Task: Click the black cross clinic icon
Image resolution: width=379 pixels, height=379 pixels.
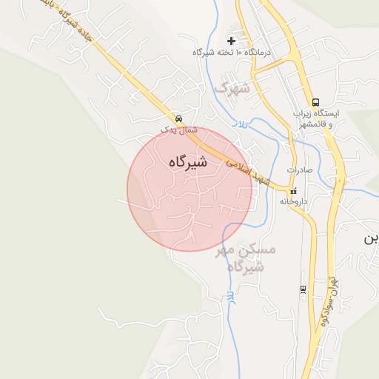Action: [x=232, y=40]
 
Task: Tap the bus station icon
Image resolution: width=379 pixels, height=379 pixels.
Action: [x=316, y=102]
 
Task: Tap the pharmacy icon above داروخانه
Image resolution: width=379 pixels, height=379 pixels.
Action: [x=294, y=192]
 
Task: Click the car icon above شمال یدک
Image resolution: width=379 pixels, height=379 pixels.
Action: [x=178, y=118]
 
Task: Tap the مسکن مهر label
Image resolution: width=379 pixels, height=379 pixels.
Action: [x=245, y=250]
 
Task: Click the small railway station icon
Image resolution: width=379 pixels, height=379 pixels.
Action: [x=303, y=289]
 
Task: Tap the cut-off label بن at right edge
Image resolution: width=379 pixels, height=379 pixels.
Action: [x=372, y=239]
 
